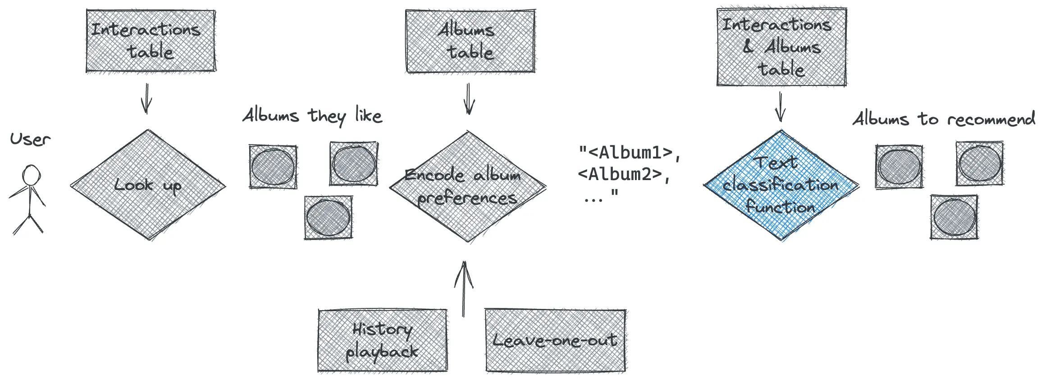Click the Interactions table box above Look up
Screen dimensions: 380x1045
point(151,41)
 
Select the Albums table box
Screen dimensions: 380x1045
point(470,41)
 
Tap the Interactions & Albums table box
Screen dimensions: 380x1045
point(781,46)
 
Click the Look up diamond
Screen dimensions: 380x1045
point(148,185)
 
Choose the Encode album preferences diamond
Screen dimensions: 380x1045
point(467,186)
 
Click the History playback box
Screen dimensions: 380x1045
point(382,340)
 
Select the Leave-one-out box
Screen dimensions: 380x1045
point(555,340)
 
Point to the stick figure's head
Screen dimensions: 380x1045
point(32,175)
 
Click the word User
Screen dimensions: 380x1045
point(30,139)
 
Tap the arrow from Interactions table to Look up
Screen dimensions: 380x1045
point(146,99)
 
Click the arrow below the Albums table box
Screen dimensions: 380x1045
point(469,99)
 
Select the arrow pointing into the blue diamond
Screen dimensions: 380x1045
point(780,107)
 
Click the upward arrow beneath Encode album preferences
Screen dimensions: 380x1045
point(464,288)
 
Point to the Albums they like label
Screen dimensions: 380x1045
point(312,116)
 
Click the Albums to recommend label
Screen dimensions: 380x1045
point(944,119)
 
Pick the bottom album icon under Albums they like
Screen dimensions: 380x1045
point(328,217)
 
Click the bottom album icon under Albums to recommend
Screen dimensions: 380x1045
point(954,217)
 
